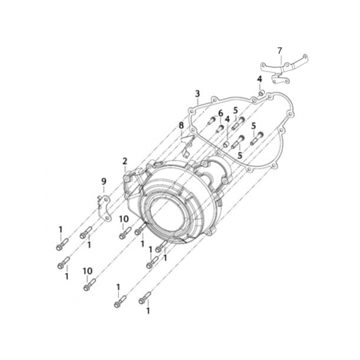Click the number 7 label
tap(279, 51)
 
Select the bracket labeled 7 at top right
tap(284, 68)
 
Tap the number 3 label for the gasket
tap(198, 94)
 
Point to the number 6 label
tap(220, 113)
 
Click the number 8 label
tap(181, 126)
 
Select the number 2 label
tap(125, 161)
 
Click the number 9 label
tap(104, 182)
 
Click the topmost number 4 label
tap(260, 79)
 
